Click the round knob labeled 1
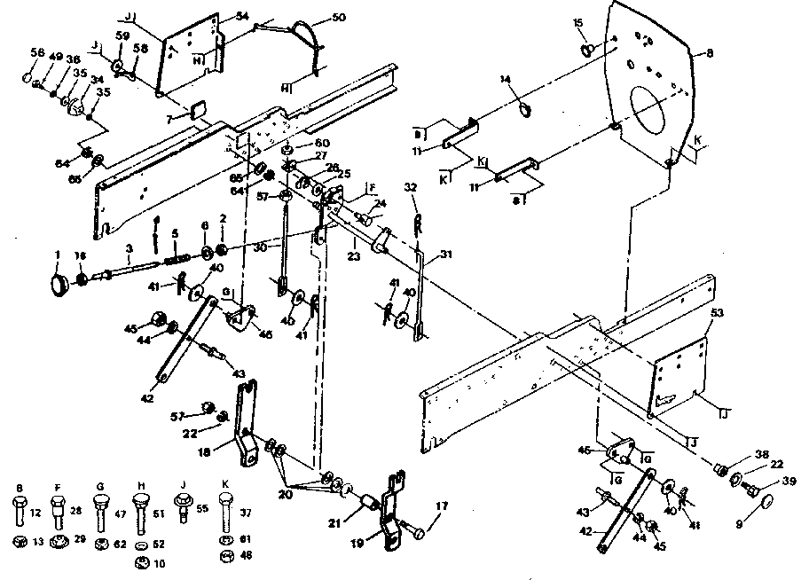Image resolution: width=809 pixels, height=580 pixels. (x=61, y=284)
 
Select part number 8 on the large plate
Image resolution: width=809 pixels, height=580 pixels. (x=709, y=54)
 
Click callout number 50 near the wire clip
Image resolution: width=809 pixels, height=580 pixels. (x=314, y=19)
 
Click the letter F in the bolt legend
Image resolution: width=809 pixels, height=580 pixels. (x=59, y=487)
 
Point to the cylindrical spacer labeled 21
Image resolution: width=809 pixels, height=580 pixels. (x=361, y=511)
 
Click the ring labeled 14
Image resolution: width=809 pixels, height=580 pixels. (x=524, y=110)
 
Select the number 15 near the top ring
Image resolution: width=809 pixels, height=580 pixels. (x=577, y=22)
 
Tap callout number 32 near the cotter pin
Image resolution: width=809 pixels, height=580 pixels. (x=410, y=189)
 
